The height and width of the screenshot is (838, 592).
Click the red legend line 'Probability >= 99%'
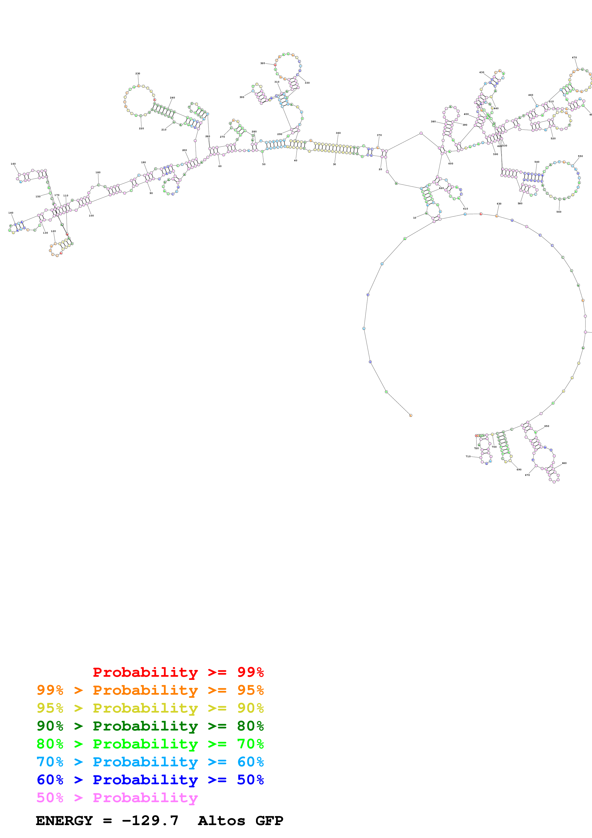point(178,672)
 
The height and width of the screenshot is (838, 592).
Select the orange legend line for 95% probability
point(150,690)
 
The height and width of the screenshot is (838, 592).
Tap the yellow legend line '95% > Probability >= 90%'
point(150,708)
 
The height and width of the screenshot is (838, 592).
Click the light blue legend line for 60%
point(150,762)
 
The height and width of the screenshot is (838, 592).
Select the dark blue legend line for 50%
point(150,780)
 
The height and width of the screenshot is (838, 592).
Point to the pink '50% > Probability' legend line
point(117,797)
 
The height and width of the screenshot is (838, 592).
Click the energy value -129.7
point(150,821)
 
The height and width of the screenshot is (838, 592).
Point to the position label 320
point(263,63)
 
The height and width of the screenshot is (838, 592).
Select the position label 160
point(13,164)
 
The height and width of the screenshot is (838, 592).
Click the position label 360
point(338,133)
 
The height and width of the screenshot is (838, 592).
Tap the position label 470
point(574,58)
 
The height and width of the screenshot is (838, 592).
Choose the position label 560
point(559,212)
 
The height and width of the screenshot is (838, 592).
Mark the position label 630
point(499,204)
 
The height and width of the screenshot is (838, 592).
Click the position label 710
point(468,456)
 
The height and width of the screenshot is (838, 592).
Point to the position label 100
point(91,216)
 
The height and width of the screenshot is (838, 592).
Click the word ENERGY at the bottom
point(64,821)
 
